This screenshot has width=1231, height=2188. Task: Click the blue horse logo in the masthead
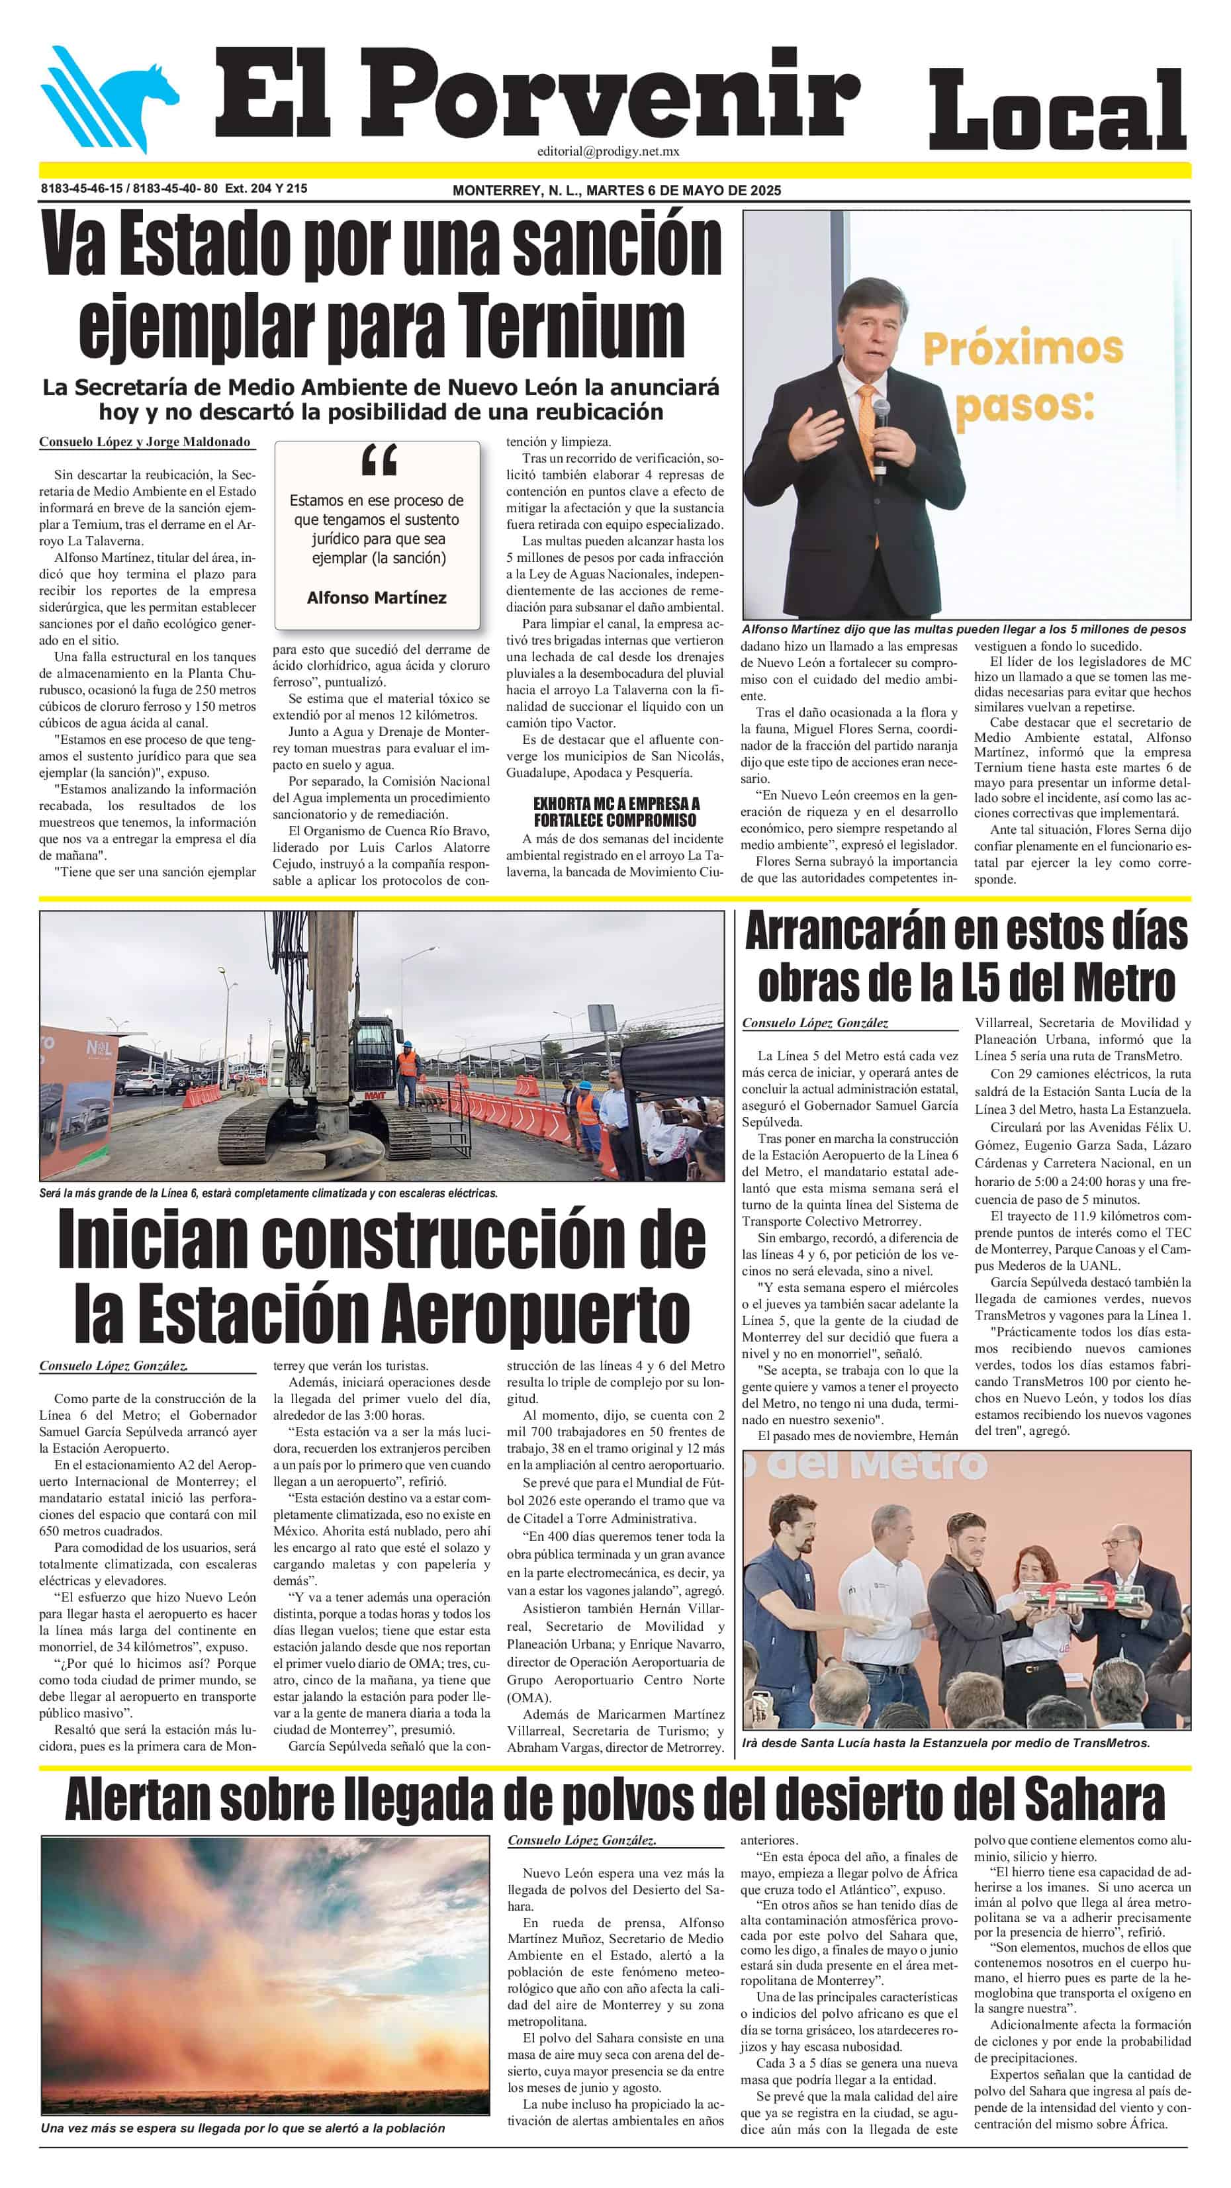tap(111, 98)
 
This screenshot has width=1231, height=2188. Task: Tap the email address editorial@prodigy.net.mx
tap(608, 151)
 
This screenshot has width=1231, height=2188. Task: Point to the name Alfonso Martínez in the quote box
tap(377, 598)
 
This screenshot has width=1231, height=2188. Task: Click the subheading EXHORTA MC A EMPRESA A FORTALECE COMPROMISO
tap(616, 812)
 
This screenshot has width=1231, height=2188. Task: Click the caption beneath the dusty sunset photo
tap(243, 2128)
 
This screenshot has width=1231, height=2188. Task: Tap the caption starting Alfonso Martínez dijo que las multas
tap(964, 629)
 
